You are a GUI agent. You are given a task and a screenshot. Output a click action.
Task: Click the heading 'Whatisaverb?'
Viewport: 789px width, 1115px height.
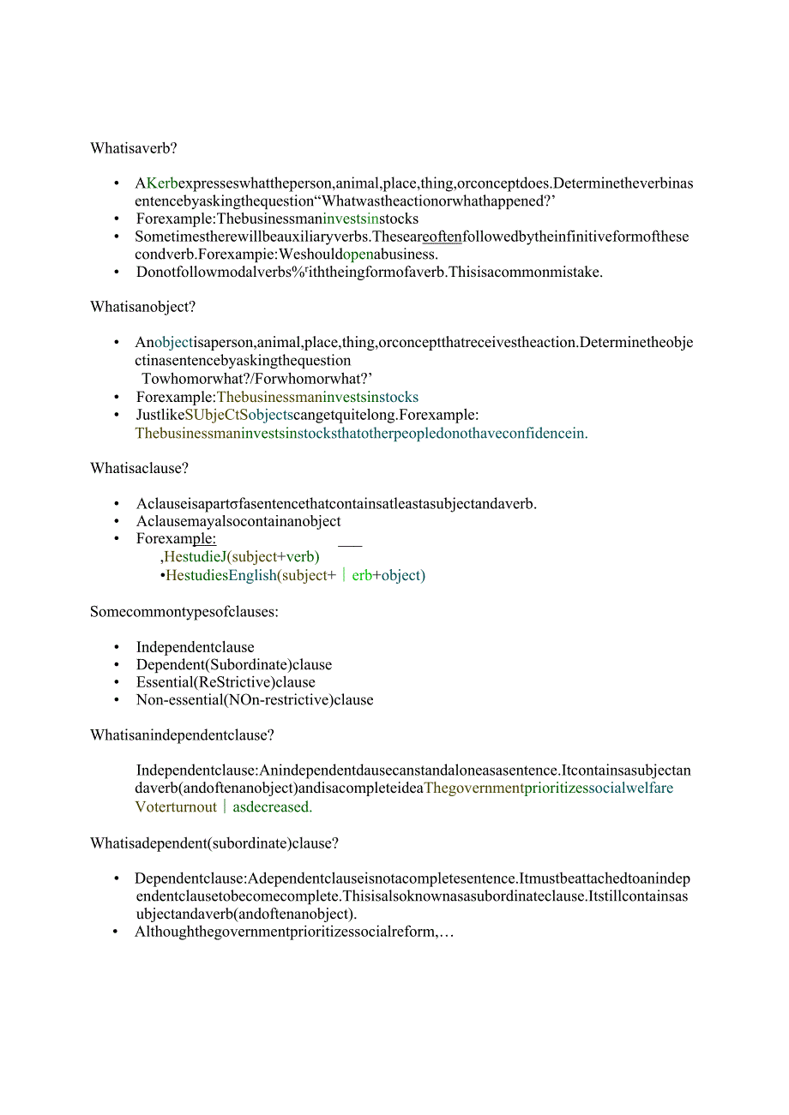[x=133, y=148]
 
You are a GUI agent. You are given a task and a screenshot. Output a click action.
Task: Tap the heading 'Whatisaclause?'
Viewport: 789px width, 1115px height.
[x=139, y=469]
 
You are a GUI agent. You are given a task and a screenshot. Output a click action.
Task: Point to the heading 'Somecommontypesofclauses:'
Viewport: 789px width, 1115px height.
[x=184, y=612]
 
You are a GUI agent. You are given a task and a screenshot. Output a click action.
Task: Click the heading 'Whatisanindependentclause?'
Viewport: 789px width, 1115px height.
[x=182, y=735]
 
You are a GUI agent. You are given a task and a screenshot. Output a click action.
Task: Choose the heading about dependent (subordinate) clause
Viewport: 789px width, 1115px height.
[x=214, y=843]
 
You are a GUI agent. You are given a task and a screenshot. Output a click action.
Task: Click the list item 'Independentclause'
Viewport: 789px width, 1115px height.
[x=195, y=647]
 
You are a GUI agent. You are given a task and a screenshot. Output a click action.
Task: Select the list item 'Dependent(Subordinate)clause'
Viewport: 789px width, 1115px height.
[x=233, y=665]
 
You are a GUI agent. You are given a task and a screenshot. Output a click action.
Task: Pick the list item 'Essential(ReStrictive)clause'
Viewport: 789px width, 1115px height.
[x=226, y=683]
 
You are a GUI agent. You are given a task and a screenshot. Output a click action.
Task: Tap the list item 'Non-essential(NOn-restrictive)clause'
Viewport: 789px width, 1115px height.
[x=255, y=700]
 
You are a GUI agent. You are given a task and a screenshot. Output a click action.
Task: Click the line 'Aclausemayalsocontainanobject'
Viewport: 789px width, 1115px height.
[x=238, y=521]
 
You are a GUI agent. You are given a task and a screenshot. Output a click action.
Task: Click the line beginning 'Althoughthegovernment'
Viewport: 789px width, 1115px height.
[x=293, y=932]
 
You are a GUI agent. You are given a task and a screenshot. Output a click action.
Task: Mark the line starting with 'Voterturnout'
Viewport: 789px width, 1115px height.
[x=224, y=806]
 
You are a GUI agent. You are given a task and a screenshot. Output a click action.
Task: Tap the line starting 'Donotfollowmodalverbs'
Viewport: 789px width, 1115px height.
[x=370, y=273]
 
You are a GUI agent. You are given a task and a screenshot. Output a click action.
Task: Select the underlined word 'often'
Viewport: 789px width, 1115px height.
[x=442, y=237]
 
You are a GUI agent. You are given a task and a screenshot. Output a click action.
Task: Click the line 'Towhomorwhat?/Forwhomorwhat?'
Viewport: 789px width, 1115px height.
[x=256, y=379]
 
